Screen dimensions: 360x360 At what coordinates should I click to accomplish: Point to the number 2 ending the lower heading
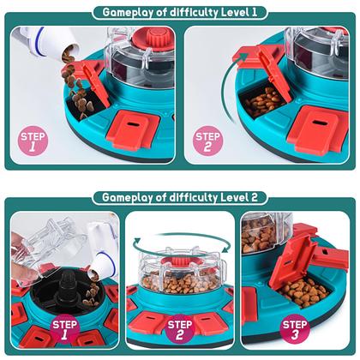pos(255,197)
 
